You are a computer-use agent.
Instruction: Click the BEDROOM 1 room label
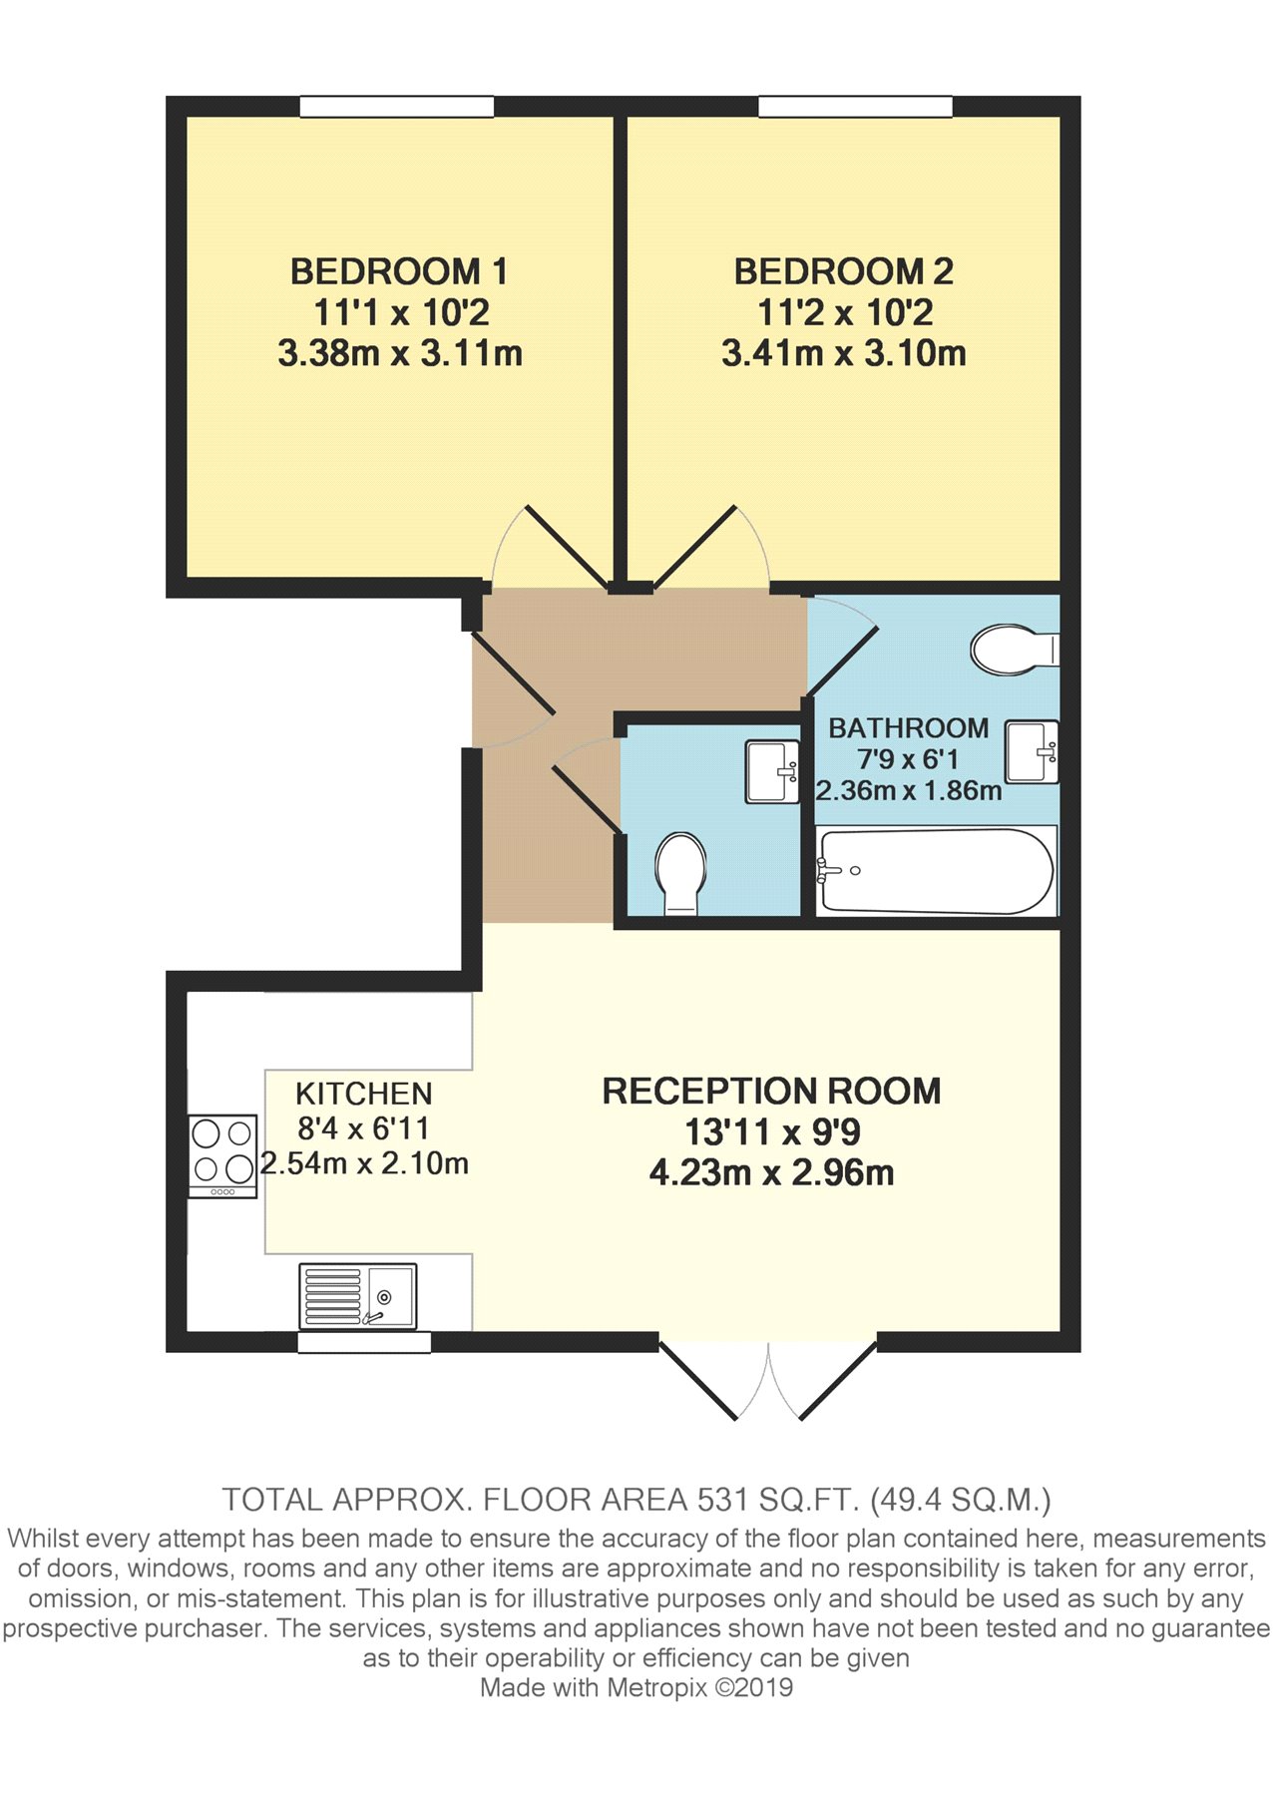click(399, 271)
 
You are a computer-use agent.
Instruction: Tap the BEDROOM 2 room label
click(844, 271)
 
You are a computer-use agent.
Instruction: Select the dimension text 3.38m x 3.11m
click(400, 353)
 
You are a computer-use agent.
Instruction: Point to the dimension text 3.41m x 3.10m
click(844, 353)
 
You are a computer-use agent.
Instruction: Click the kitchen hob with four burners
click(223, 1155)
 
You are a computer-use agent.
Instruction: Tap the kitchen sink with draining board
click(357, 1296)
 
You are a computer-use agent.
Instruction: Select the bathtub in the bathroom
click(936, 871)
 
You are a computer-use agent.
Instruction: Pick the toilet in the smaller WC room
click(681, 873)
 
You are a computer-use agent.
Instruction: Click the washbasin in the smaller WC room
click(772, 771)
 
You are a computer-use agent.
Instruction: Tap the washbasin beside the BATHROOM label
click(1032, 751)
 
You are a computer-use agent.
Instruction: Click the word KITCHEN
click(364, 1094)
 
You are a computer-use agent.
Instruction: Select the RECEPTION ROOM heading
click(771, 1091)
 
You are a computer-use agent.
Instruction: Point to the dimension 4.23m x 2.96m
click(771, 1172)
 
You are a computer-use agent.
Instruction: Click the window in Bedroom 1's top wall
click(397, 106)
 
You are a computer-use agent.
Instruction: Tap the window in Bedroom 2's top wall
click(855, 106)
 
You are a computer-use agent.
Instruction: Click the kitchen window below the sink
click(364, 1342)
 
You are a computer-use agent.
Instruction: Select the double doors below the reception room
click(768, 1380)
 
